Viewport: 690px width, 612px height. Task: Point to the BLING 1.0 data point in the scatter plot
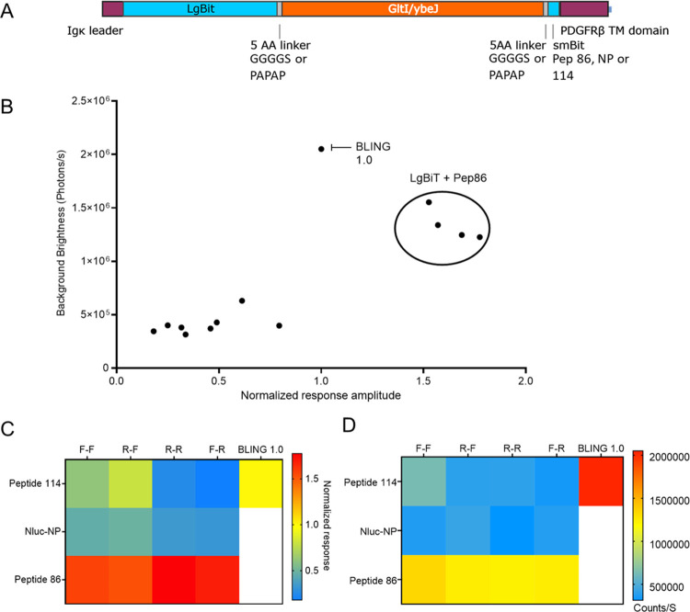[321, 149]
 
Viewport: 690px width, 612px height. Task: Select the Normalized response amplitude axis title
[321, 395]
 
